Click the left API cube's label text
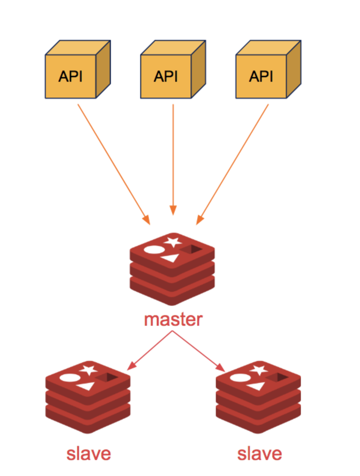tap(70, 76)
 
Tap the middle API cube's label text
tap(166, 76)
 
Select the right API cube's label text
tap(261, 76)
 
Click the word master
tap(173, 319)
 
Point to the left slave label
tap(89, 454)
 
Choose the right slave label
tap(259, 454)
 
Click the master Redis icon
tap(172, 269)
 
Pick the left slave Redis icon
tap(88, 397)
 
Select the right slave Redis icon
tap(258, 397)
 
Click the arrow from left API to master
tap(113, 163)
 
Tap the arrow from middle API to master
tap(173, 160)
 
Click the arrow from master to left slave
tap(149, 351)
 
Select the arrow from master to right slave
tap(199, 351)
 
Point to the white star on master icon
tap(173, 242)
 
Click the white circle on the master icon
tap(154, 250)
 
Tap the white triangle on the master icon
tap(171, 258)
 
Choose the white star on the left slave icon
tap(89, 370)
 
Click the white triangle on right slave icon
tap(257, 386)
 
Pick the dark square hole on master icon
tap(192, 249)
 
